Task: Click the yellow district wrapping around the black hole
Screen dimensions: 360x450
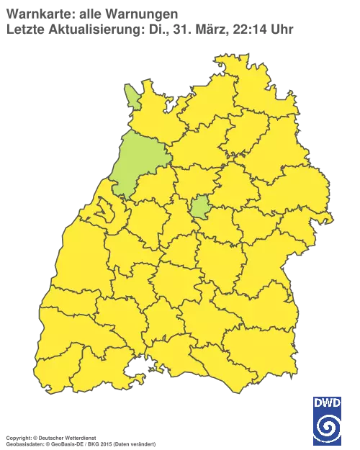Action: pyautogui.click(x=144, y=356)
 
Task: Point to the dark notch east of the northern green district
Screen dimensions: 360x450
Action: pyautogui.click(x=168, y=108)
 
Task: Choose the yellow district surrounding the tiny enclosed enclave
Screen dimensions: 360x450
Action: pyautogui.click(x=108, y=216)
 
